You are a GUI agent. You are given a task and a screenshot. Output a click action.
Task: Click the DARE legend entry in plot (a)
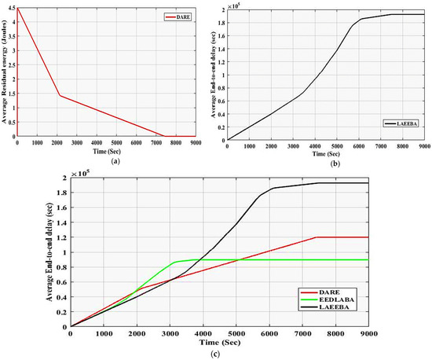tap(186, 16)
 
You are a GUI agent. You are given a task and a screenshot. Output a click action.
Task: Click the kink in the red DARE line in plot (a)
tap(60, 96)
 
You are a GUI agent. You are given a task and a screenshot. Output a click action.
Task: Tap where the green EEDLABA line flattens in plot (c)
tap(174, 262)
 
